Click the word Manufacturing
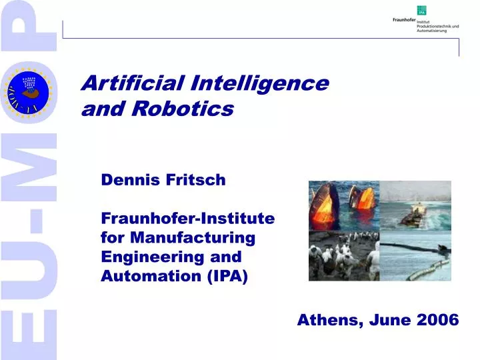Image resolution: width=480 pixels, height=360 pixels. point(193,237)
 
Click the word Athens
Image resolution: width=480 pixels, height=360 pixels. point(327,320)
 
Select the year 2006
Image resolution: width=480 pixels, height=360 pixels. point(437,320)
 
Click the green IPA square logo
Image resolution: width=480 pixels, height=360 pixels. point(421,10)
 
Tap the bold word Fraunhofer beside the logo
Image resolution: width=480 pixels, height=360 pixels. point(404,20)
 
